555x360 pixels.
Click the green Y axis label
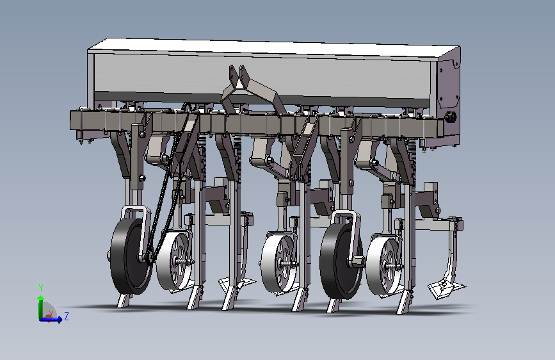pos(41,288)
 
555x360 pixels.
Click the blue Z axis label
pos(66,316)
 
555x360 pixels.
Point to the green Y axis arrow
pos(41,307)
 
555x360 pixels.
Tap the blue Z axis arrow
pos(51,320)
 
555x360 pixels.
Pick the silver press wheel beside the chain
pos(174,261)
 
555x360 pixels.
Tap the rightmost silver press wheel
pos(384,265)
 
